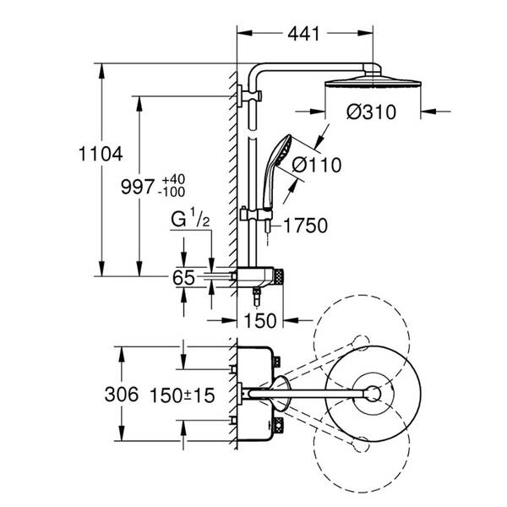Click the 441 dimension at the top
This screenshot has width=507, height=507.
tap(303, 33)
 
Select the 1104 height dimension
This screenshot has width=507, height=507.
tap(101, 154)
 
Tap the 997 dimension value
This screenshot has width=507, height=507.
tap(138, 187)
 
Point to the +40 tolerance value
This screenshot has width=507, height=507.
tap(173, 179)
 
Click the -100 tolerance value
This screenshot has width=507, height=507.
tap(172, 192)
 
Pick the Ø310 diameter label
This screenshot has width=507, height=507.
tap(371, 112)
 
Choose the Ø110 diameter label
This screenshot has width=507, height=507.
tap(317, 165)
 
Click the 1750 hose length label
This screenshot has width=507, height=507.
tap(306, 226)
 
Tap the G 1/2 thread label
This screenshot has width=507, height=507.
tap(190, 219)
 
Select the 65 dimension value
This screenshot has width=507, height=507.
tap(183, 277)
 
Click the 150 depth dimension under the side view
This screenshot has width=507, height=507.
tap(260, 321)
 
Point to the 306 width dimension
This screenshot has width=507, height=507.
tap(122, 395)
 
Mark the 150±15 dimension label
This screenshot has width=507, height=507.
tap(183, 395)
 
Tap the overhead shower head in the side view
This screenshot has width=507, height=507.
tap(373, 81)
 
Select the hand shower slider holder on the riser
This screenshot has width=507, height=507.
tap(256, 215)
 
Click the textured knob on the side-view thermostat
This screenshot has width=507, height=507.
tap(278, 277)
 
